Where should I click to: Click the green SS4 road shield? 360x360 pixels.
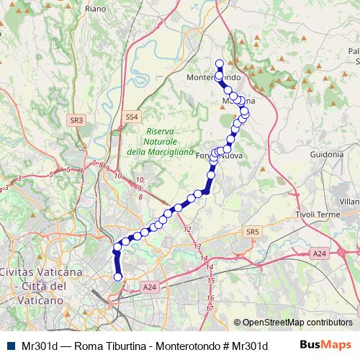[x=130, y=116]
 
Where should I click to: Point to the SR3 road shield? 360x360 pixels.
[x=77, y=120]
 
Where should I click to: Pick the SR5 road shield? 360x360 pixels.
[x=251, y=231]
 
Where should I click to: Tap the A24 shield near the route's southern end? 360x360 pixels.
[x=149, y=287]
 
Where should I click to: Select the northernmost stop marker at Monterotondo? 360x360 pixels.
[x=220, y=63]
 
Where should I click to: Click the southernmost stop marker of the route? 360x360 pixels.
[x=117, y=276]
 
